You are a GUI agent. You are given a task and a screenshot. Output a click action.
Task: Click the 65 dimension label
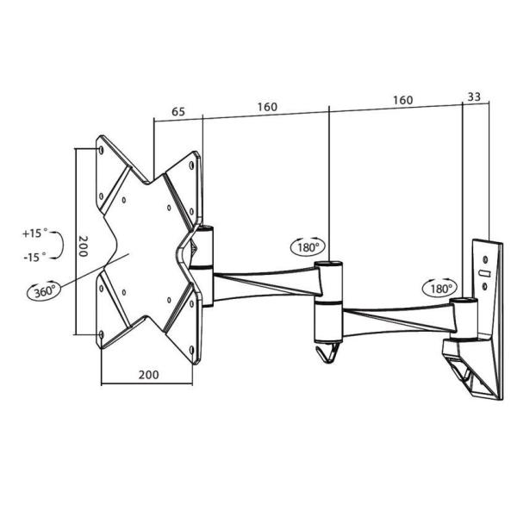178,110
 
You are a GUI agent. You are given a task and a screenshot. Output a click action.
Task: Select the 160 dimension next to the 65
266,108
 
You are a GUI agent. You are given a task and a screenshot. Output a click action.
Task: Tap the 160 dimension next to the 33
402,100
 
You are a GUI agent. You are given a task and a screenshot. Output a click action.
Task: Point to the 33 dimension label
474,97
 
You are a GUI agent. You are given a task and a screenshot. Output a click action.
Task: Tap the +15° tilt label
35,234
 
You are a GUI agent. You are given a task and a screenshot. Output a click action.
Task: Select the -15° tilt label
35,256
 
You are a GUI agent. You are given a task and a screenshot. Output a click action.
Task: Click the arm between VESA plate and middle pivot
263,283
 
